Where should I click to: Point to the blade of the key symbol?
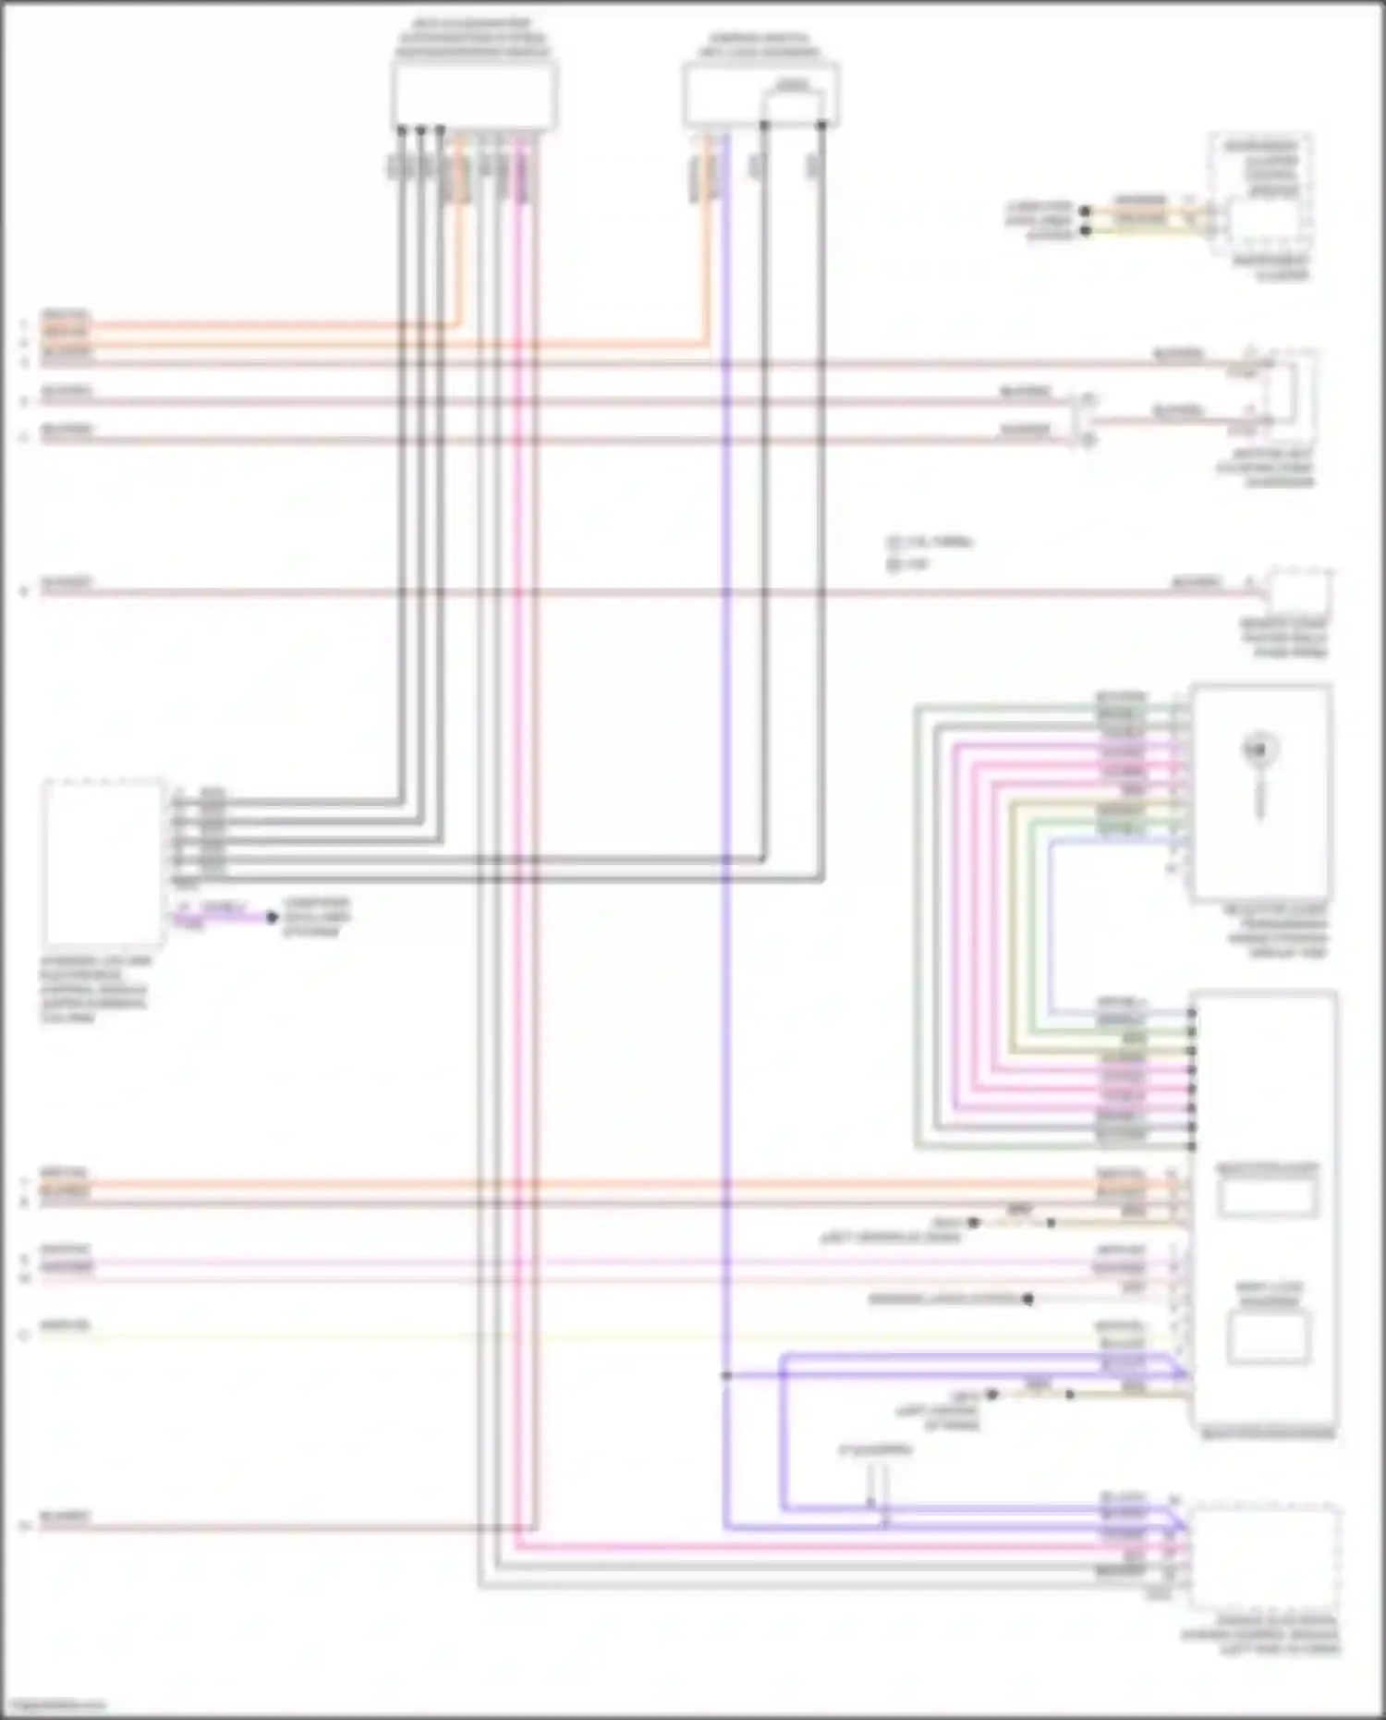click(1258, 795)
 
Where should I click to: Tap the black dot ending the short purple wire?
click(272, 918)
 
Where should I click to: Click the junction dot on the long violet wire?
click(726, 1375)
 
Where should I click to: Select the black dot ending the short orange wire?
click(1086, 212)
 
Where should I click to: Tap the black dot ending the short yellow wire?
click(1086, 228)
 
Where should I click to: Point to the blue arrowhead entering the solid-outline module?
click(1179, 1367)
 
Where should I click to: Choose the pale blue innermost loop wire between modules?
click(1052, 924)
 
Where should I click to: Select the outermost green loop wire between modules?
click(917, 924)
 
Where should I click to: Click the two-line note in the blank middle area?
click(929, 553)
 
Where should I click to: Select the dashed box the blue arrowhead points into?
click(1264, 1557)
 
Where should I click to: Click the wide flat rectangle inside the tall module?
click(1266, 1197)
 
